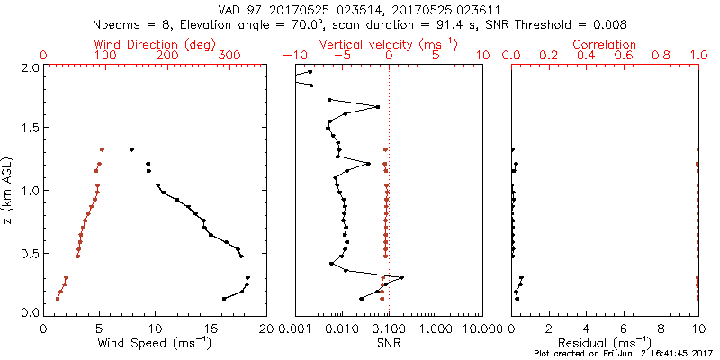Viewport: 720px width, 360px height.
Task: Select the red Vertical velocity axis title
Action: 388,44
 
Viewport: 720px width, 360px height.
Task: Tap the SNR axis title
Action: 388,343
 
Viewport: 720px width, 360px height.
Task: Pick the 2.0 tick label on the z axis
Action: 29,67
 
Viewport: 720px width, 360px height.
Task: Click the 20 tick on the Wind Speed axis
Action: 265,328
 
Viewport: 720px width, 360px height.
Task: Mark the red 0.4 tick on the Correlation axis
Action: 586,56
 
